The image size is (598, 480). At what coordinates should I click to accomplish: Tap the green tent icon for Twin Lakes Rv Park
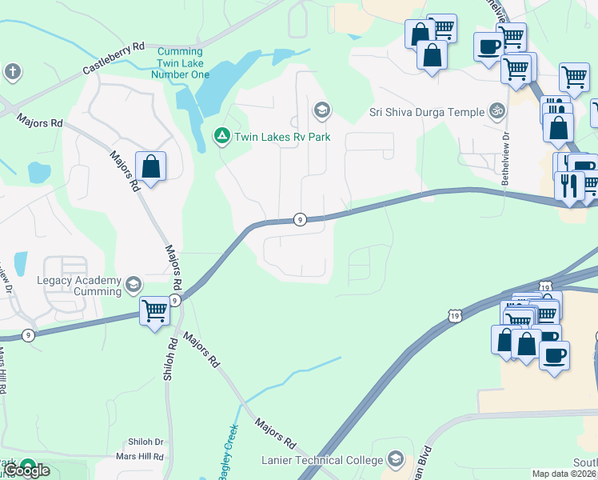(221, 136)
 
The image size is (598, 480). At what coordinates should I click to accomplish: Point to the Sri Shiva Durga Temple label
(428, 111)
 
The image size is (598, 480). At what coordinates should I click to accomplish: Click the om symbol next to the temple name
(497, 110)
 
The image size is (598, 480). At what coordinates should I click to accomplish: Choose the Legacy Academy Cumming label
(78, 286)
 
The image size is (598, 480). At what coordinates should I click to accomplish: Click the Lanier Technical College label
(323, 460)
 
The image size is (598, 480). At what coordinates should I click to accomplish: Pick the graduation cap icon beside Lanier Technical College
(395, 458)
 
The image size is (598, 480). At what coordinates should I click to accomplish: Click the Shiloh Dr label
(146, 442)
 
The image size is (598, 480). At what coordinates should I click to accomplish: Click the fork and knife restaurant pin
(569, 186)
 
